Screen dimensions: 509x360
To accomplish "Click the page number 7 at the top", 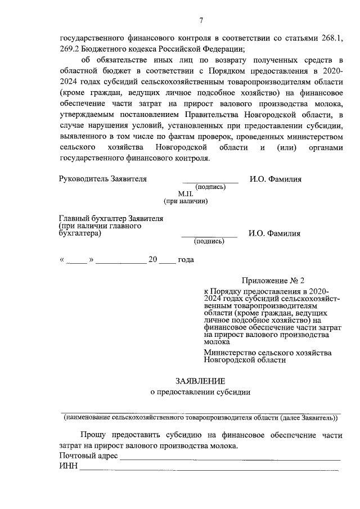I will click(200, 21).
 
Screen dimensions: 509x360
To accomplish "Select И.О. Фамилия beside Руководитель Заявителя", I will click(275, 179).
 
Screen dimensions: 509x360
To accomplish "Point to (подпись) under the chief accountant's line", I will click(209, 241).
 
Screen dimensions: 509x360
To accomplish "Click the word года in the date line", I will click(186, 260).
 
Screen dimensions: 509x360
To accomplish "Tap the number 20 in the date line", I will click(152, 260).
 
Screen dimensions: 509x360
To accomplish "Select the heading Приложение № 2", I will click(273, 280).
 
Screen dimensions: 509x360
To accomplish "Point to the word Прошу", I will click(92, 435).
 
